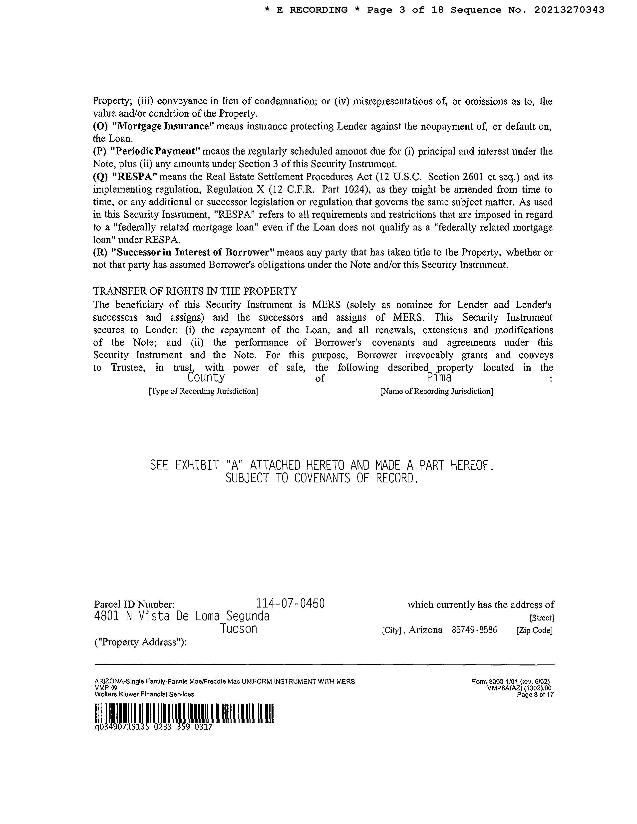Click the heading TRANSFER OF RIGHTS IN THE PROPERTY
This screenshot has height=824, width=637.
click(x=195, y=291)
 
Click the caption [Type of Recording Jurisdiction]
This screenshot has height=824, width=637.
click(x=203, y=391)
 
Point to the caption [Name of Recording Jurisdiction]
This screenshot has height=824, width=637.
click(x=437, y=391)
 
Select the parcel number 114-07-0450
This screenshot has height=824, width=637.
click(x=291, y=604)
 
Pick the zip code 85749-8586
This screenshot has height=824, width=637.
click(x=474, y=630)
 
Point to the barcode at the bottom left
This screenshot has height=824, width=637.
click(x=184, y=713)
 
